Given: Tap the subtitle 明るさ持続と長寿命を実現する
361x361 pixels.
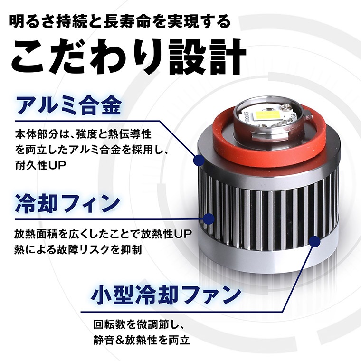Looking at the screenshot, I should click(123, 21).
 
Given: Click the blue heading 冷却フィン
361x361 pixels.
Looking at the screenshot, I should click(66, 202).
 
